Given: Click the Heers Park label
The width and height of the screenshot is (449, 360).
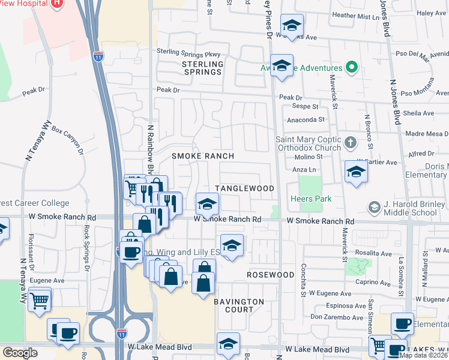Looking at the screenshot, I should coord(310,199).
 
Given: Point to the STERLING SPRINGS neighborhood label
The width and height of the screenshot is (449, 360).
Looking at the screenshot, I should coord(202,68).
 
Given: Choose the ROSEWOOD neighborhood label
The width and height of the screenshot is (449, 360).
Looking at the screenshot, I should coord(270,275).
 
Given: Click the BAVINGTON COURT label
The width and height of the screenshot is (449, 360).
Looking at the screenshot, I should coord(240,305).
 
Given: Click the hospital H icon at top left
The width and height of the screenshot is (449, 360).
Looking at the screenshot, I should coord(56,3).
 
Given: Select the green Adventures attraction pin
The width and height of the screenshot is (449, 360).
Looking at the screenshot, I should coord(352,68).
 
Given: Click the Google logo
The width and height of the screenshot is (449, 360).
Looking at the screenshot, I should coord(19,353).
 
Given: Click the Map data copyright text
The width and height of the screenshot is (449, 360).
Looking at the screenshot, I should coord(424,355).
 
